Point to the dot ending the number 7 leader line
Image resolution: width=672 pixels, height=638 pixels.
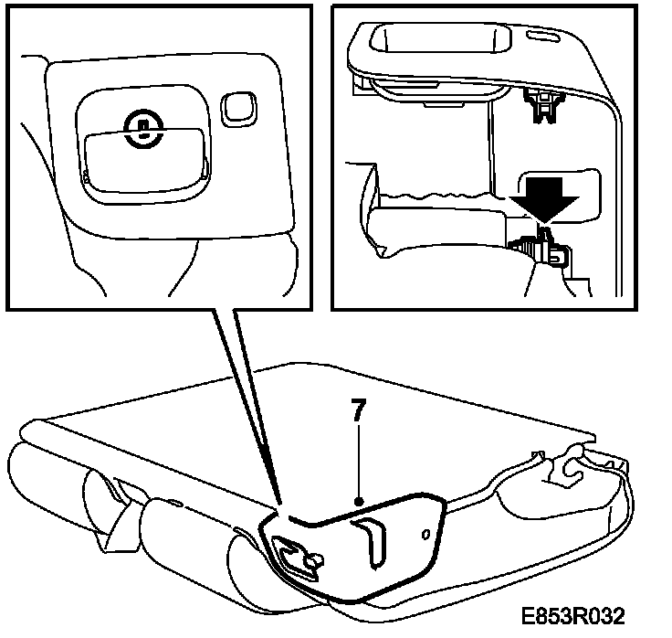coord(360,502)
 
